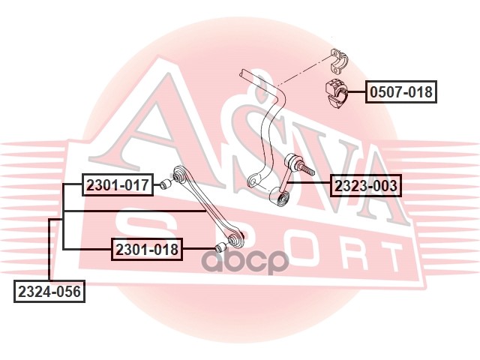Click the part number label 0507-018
point(400,93)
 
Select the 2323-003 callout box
point(366,184)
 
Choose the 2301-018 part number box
point(147,249)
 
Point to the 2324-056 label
point(49,291)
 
